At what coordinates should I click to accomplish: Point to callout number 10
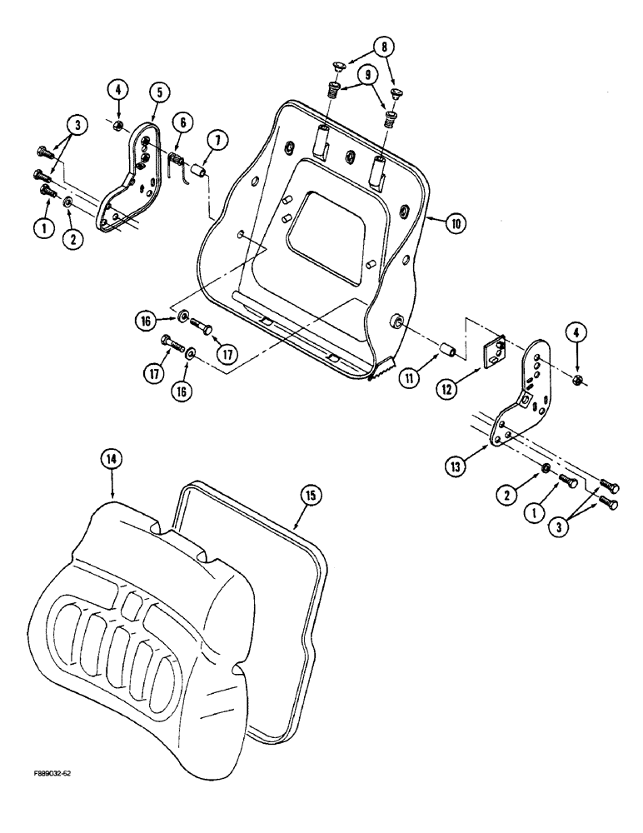(x=456, y=224)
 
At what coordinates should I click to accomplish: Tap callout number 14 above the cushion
(x=108, y=458)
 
